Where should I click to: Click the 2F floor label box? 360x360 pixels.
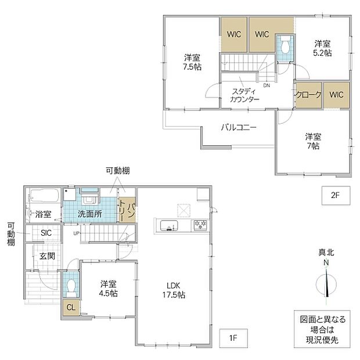(x=336, y=195)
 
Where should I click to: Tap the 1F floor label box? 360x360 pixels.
(x=233, y=338)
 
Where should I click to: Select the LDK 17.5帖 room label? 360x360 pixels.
(x=174, y=290)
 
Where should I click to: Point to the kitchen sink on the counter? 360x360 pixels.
(x=169, y=226)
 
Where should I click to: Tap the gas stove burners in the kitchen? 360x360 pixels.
(x=200, y=225)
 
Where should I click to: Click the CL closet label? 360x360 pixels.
(x=71, y=307)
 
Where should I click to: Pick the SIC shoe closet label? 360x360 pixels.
(x=46, y=233)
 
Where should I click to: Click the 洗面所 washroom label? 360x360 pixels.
(x=90, y=214)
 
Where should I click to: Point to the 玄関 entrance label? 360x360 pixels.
(x=47, y=256)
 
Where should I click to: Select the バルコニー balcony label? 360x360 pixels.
(x=239, y=127)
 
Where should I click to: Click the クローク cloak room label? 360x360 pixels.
(x=308, y=95)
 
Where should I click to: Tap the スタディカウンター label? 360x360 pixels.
(x=244, y=95)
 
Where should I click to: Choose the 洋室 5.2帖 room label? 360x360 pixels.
(x=322, y=48)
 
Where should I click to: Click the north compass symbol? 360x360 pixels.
(x=326, y=283)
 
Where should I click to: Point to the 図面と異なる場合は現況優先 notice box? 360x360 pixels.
(x=322, y=329)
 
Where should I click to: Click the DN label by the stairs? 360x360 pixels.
(x=267, y=85)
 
